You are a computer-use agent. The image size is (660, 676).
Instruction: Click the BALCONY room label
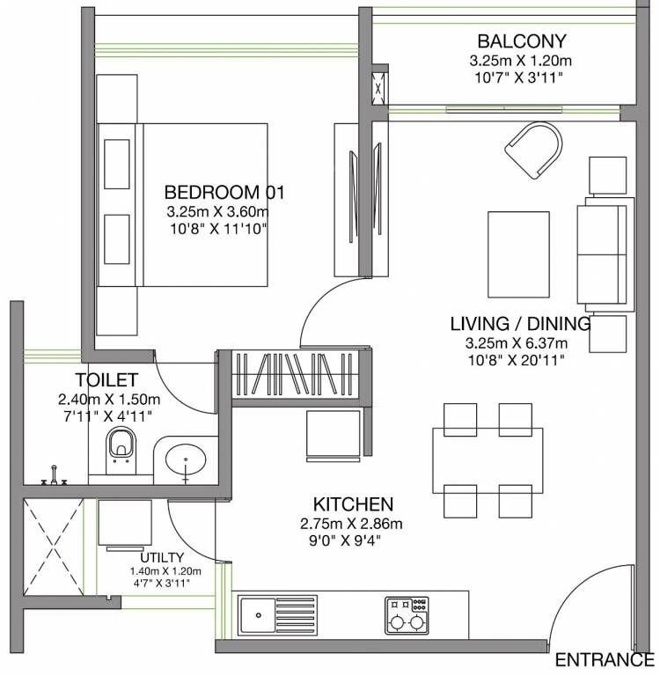click(521, 41)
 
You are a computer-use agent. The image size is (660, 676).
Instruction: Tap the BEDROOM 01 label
click(224, 192)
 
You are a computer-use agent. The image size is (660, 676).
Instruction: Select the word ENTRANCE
click(605, 660)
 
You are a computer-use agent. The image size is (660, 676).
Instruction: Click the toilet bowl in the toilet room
click(121, 449)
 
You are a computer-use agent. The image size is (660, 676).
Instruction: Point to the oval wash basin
click(186, 460)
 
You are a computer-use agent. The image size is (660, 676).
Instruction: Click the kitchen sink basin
click(258, 615)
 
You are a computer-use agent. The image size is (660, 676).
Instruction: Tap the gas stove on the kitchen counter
click(407, 615)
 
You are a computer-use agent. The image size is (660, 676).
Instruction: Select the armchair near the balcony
click(534, 150)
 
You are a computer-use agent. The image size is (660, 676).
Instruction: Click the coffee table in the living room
click(518, 254)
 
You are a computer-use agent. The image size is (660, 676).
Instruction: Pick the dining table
click(488, 460)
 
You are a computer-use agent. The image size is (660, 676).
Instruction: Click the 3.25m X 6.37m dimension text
click(516, 343)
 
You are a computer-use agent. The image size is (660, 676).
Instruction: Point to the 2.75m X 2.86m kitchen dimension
click(351, 524)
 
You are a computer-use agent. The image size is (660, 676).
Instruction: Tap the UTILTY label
click(162, 557)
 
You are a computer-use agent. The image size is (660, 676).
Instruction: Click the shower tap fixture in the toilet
click(54, 476)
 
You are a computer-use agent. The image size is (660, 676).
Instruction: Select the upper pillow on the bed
click(117, 164)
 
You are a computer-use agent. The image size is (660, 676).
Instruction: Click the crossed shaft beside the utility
click(53, 547)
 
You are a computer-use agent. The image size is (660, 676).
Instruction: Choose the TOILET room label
click(106, 380)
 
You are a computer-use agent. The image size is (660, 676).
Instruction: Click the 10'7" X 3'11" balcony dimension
click(519, 77)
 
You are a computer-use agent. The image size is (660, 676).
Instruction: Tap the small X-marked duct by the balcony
click(378, 88)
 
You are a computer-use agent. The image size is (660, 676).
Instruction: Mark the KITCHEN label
click(353, 504)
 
